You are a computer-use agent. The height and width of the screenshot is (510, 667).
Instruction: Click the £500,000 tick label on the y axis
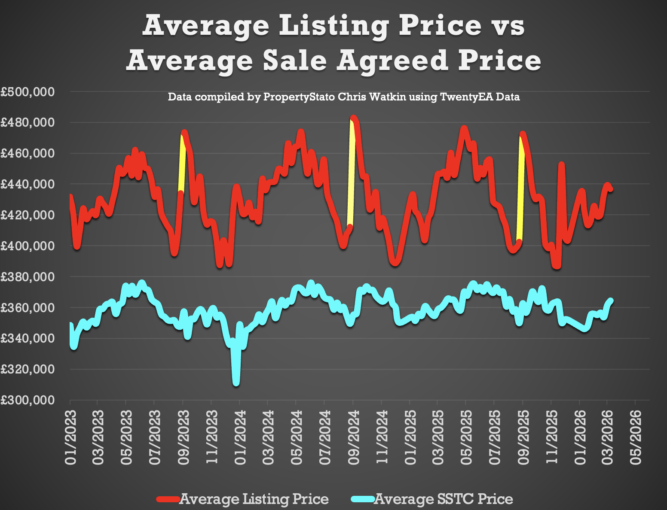tap(28, 92)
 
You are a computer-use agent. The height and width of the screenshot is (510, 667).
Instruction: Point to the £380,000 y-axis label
tap(28, 277)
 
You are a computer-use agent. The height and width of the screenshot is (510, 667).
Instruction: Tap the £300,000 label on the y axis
tap(28, 400)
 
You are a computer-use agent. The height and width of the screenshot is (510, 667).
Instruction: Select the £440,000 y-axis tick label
tap(28, 185)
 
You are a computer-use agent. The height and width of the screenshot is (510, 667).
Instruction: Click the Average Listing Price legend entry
tap(254, 499)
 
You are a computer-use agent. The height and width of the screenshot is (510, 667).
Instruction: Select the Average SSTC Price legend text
tap(444, 499)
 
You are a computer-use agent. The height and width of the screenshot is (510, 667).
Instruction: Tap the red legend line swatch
tap(168, 499)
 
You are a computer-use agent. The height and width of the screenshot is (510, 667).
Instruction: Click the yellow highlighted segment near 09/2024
tap(352, 172)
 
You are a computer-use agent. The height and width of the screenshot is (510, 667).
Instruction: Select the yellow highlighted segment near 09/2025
tap(520, 189)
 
